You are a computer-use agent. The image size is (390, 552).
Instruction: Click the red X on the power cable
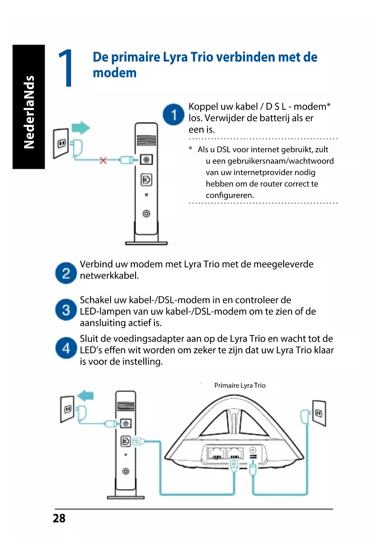pos(103,161)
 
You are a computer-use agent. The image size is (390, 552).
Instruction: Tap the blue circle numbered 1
pos(173,115)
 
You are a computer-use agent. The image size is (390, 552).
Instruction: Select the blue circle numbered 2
pos(66,273)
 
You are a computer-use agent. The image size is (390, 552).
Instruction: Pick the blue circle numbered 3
pos(66,310)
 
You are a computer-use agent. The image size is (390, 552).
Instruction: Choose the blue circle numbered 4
pos(66,348)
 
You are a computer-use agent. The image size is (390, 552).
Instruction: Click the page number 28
pos(59,518)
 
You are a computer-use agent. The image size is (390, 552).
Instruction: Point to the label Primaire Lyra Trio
pos(240,386)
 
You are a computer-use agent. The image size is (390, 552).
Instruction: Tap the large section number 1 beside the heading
pos(66,68)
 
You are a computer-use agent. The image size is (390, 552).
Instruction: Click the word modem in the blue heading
pos(115,73)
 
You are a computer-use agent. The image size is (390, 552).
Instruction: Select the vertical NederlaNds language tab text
pos(29,112)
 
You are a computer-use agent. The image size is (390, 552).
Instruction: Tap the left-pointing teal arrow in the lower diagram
pos(85,395)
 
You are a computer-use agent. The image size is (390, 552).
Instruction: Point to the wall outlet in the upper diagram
pos(61,143)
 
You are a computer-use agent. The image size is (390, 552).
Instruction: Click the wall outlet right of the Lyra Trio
pos(319,413)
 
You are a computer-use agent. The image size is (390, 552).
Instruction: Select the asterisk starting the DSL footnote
pos(190,149)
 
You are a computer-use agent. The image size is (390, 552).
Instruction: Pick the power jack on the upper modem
pos(146,160)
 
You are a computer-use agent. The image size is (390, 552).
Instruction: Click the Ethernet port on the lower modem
pos(126,441)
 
